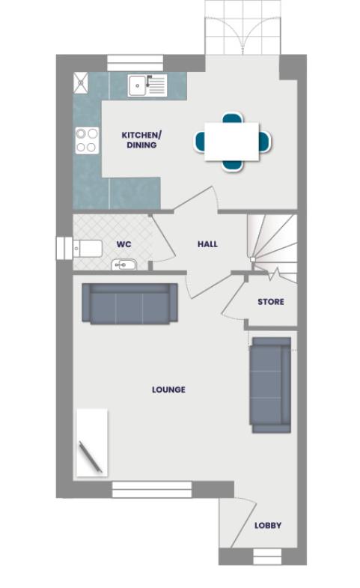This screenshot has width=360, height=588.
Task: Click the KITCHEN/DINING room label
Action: tap(141, 140)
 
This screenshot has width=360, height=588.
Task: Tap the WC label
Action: tap(123, 244)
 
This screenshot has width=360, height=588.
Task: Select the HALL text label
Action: tap(207, 244)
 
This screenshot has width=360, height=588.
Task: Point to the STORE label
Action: tap(270, 302)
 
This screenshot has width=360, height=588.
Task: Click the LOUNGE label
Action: tap(168, 390)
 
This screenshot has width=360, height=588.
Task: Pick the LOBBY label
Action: tap(267, 526)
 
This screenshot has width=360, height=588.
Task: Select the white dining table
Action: tap(232, 141)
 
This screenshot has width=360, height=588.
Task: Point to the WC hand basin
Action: tap(123, 264)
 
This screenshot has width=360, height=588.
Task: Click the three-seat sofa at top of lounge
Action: tap(129, 304)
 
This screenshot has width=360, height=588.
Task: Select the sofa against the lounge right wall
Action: tap(270, 384)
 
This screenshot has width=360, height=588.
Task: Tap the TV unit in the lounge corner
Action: tap(91, 443)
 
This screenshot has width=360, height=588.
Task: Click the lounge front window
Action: tap(152, 490)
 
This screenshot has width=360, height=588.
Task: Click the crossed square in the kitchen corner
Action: tap(81, 82)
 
